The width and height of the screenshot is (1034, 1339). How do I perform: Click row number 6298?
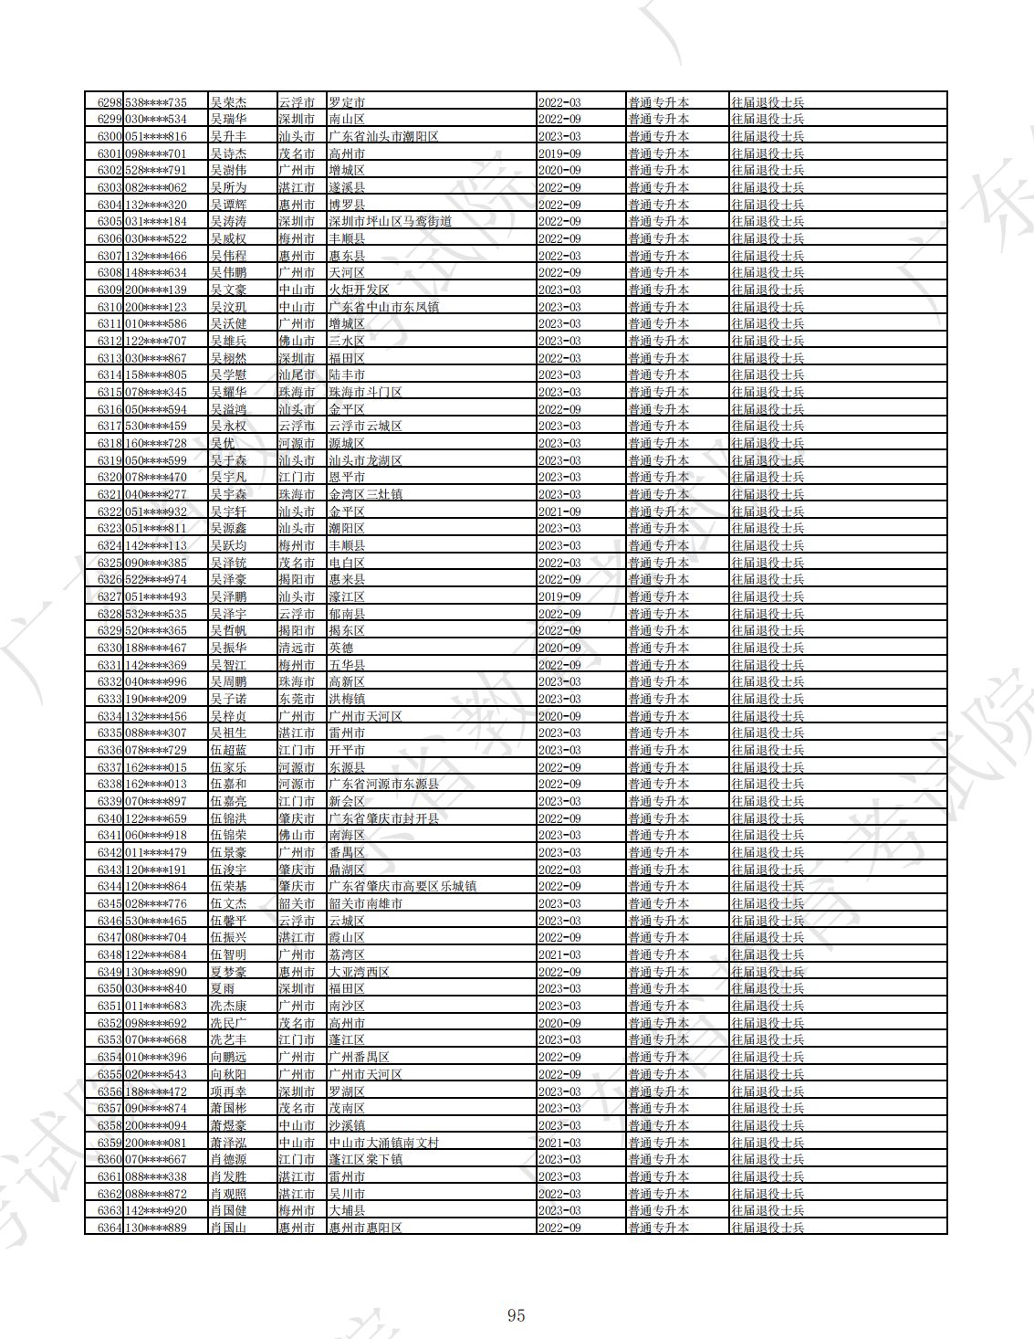pyautogui.click(x=109, y=102)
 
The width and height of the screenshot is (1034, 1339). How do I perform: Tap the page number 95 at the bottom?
pyautogui.click(x=517, y=1315)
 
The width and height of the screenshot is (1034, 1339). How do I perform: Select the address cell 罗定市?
pyautogui.click(x=347, y=102)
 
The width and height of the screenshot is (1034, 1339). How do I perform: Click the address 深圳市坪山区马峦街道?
pyautogui.click(x=390, y=222)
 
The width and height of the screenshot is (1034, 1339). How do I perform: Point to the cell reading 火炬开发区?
pyautogui.click(x=359, y=290)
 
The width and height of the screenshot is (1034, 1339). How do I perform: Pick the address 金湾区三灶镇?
pyautogui.click(x=365, y=494)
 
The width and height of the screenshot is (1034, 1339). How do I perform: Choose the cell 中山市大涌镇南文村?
pyautogui.click(x=383, y=1143)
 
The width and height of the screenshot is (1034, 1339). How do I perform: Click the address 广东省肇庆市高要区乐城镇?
pyautogui.click(x=402, y=887)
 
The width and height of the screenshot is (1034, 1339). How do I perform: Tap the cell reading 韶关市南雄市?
pyautogui.click(x=365, y=903)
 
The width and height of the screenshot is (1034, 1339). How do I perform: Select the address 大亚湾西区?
pyautogui.click(x=359, y=972)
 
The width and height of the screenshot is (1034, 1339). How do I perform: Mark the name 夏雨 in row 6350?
pyautogui.click(x=222, y=989)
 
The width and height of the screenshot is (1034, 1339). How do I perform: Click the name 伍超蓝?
pyautogui.click(x=228, y=750)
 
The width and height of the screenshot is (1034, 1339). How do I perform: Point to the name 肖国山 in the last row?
pyautogui.click(x=228, y=1228)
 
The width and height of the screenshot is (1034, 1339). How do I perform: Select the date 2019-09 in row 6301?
pyautogui.click(x=559, y=153)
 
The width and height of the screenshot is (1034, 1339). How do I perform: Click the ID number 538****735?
pyautogui.click(x=155, y=102)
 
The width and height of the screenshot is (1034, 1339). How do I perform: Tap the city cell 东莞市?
pyautogui.click(x=297, y=699)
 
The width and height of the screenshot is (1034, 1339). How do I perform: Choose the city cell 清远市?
pyautogui.click(x=297, y=648)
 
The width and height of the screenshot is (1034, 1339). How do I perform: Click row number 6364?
pyautogui.click(x=109, y=1228)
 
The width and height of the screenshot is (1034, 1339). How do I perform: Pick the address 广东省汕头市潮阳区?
pyautogui.click(x=383, y=136)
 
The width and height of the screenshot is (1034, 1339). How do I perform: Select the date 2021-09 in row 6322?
pyautogui.click(x=559, y=511)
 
